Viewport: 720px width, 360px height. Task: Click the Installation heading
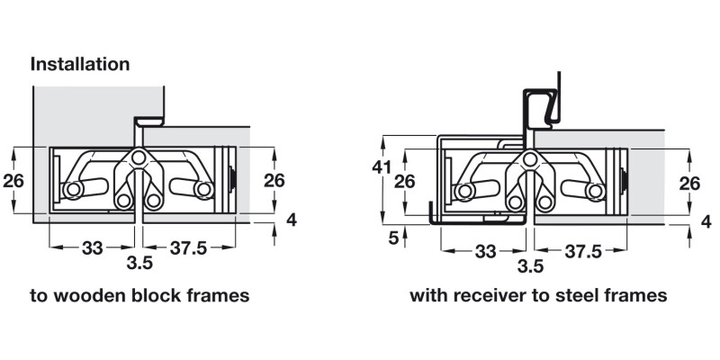(80, 65)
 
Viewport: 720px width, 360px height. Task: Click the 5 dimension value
(393, 238)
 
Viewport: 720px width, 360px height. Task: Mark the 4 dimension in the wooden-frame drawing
(292, 219)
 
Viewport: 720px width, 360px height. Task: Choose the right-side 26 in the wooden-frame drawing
(274, 180)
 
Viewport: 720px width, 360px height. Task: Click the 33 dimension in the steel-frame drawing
(486, 251)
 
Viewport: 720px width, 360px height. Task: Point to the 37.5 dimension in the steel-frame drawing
(582, 251)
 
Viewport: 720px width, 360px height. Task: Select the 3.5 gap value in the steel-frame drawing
(532, 266)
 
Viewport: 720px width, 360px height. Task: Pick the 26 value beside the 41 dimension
(408, 181)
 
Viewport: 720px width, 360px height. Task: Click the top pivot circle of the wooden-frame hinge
(137, 158)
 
